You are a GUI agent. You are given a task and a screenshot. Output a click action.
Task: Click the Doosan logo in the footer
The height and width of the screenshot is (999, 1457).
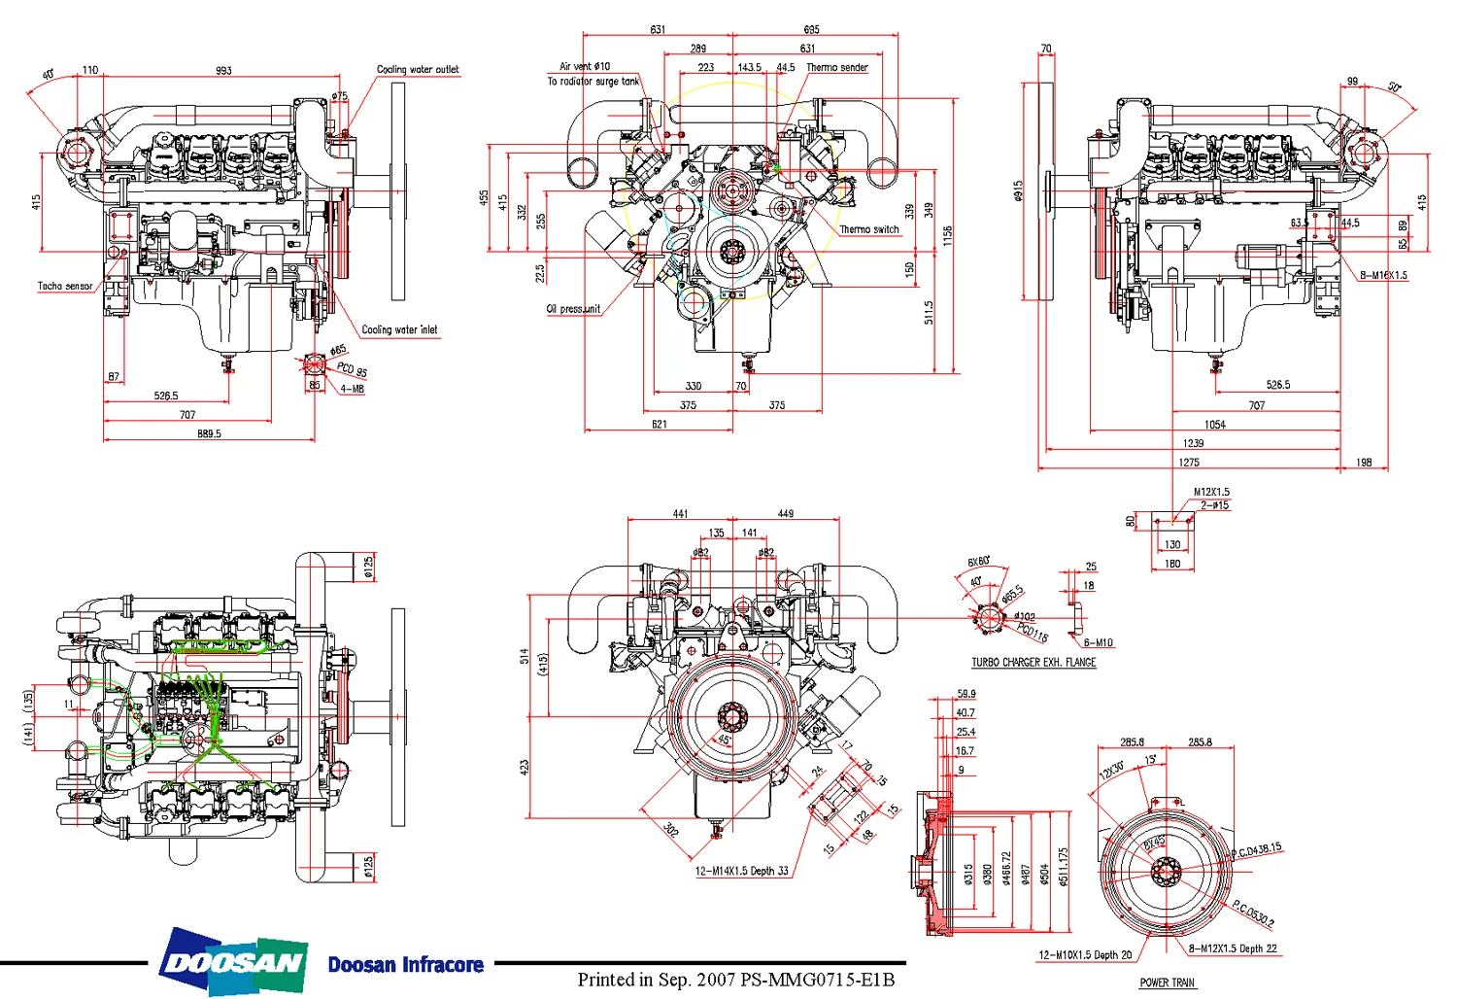234,963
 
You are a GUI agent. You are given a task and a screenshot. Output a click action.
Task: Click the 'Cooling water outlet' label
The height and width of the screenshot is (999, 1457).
418,70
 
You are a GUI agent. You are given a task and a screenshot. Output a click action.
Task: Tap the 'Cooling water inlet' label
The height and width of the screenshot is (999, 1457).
399,329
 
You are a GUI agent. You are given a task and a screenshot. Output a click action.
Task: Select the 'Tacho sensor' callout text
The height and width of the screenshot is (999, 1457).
65,287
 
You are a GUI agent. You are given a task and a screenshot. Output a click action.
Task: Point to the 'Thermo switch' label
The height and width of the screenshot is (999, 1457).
869,230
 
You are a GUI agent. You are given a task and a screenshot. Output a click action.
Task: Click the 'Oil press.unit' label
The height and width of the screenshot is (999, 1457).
573,309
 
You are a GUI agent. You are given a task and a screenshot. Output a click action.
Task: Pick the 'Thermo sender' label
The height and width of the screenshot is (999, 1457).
837,68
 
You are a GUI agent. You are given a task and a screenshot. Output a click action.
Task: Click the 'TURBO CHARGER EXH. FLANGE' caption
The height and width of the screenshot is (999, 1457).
1033,663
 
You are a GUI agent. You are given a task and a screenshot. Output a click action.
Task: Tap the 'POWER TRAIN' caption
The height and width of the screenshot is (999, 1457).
1167,982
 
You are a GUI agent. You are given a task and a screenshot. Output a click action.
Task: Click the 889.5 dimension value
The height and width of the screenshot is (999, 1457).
209,433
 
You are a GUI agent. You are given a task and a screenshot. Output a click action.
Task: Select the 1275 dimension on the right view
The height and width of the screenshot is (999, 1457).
1189,463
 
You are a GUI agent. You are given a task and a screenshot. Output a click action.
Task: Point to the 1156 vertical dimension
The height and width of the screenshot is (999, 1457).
947,235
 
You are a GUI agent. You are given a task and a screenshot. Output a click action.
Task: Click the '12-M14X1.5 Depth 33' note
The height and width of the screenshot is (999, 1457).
741,871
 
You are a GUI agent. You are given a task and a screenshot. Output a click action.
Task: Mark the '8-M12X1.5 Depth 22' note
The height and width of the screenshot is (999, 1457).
1233,948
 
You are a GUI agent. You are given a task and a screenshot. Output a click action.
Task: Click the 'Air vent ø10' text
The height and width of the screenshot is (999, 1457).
585,67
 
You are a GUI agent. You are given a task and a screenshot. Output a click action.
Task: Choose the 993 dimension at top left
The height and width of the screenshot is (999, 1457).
223,71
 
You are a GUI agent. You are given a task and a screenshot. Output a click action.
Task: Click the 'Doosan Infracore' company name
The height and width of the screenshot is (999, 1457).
405,965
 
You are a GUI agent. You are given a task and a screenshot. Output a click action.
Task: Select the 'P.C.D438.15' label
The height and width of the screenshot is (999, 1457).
1256,850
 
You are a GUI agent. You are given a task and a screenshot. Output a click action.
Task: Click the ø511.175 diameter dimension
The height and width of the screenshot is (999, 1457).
1064,867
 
